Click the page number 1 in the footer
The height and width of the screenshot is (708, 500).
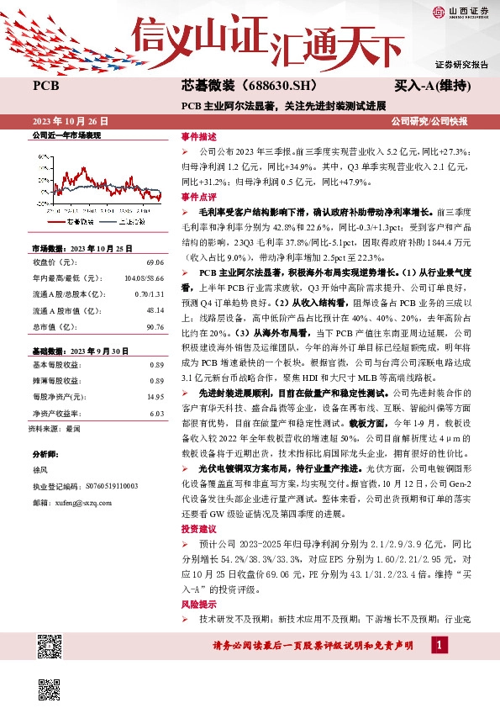tap(438, 645)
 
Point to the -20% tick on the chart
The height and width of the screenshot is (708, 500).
tap(41, 203)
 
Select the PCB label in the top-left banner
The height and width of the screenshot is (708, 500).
tap(45, 86)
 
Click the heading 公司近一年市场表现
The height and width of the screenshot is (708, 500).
tap(66, 135)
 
